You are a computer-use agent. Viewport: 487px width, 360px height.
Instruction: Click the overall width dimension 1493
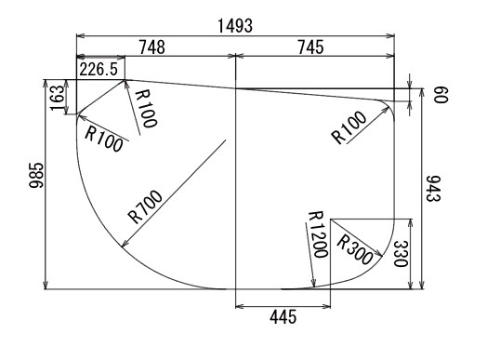(235, 26)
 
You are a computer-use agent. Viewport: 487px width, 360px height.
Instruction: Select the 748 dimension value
(151, 47)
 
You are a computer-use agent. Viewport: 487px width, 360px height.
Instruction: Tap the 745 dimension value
(310, 47)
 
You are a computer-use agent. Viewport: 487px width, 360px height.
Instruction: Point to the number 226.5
(99, 69)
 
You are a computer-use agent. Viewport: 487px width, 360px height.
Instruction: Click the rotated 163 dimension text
(57, 98)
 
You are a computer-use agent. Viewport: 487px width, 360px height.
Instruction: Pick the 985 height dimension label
(36, 175)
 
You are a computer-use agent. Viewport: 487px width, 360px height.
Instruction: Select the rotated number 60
(441, 95)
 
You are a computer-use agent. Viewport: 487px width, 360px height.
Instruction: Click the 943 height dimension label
(433, 189)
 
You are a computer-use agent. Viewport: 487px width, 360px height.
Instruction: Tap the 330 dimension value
(401, 254)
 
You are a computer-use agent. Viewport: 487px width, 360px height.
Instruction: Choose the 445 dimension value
(283, 317)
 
